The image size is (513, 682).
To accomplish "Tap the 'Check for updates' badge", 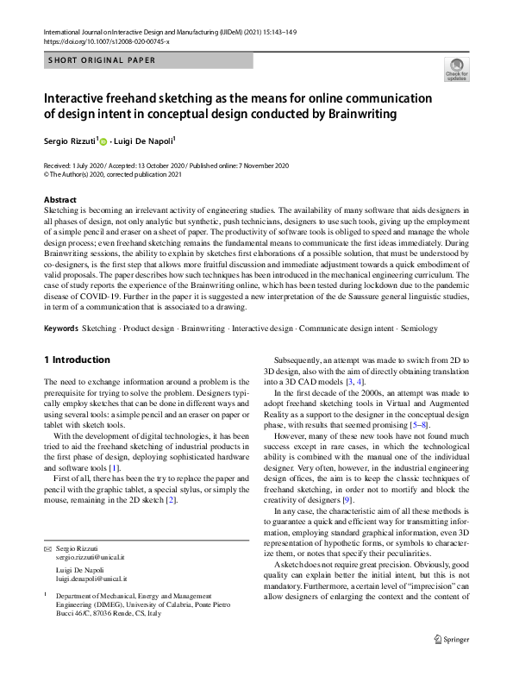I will tap(456, 70).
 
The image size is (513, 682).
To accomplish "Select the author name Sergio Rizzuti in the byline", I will tap(72, 141).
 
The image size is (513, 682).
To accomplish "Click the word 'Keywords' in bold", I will tap(60, 328).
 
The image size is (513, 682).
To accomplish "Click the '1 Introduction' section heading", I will tap(77, 360).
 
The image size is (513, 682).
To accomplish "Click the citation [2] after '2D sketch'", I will tap(172, 499).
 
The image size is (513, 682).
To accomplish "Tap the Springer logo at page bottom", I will tap(453, 662).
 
